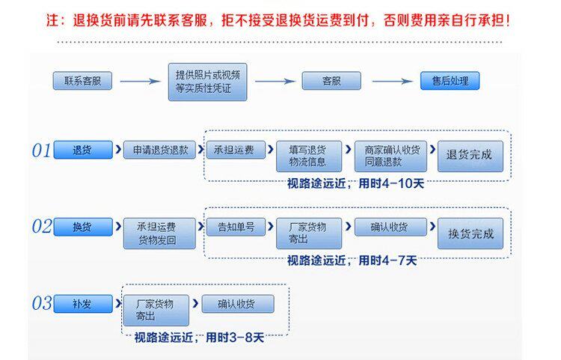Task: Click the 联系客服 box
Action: [82, 81]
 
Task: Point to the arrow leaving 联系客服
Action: [140, 81]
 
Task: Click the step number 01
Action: [41, 150]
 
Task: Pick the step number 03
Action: [41, 303]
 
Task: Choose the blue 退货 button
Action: [82, 150]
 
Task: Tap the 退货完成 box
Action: [470, 156]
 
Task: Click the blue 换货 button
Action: [82, 227]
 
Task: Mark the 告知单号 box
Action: [236, 227]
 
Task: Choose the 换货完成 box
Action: [470, 234]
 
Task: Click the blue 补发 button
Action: [82, 303]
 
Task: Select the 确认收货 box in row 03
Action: [238, 304]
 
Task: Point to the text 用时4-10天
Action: [391, 183]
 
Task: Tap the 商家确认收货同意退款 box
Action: [387, 156]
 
